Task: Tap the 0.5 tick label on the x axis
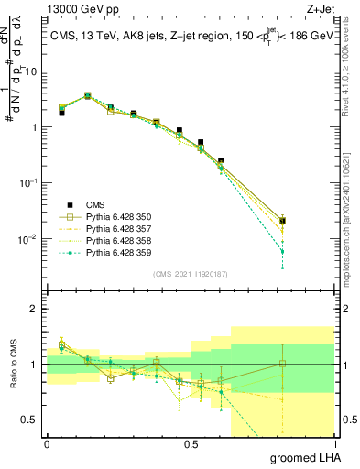(191, 444)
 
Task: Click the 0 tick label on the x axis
(47, 444)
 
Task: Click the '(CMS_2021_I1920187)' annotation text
(190, 274)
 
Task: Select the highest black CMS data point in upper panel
(87, 95)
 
